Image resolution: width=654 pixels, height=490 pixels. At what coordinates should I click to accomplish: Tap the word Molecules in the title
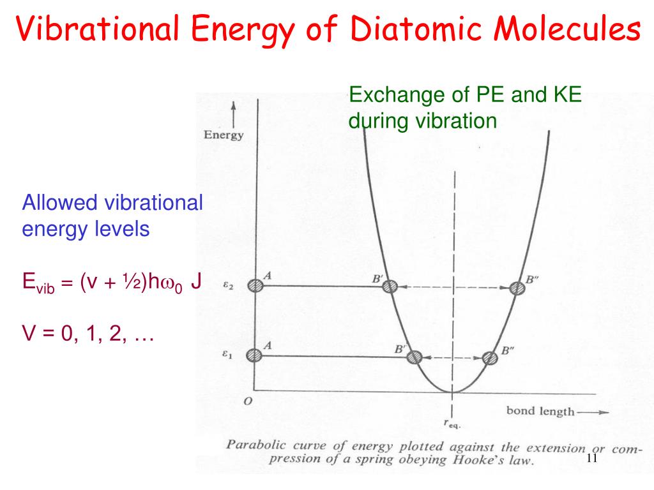tap(562, 29)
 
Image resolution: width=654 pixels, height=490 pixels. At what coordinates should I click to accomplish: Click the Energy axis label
tap(224, 135)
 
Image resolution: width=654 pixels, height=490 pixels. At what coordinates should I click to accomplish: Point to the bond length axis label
tap(540, 411)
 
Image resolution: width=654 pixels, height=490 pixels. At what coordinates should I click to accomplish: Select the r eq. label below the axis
tap(452, 422)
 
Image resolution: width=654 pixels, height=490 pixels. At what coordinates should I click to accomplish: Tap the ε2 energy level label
tap(227, 286)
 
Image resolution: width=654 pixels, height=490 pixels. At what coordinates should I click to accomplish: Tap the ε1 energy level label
tap(227, 355)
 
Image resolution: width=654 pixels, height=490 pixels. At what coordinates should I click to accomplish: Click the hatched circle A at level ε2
tap(255, 286)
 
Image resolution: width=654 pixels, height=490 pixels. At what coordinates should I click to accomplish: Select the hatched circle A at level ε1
tap(255, 355)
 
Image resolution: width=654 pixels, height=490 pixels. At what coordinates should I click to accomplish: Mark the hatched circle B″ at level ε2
tap(517, 287)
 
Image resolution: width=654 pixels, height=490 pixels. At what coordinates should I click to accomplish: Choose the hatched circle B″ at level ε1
tap(490, 357)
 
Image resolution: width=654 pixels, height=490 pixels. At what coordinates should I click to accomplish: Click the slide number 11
tap(591, 460)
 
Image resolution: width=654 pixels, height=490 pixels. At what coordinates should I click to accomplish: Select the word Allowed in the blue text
tap(52, 204)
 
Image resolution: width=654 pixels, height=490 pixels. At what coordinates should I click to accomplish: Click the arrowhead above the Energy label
tap(234, 106)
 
